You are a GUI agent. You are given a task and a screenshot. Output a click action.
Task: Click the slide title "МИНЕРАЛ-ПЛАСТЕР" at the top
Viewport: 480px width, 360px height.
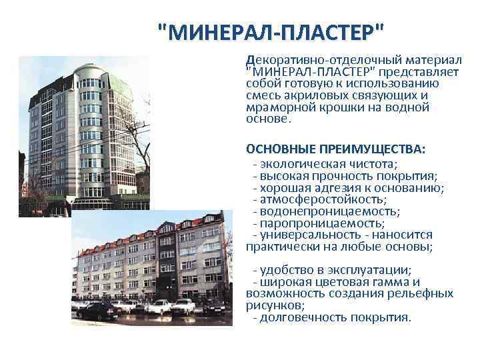271,31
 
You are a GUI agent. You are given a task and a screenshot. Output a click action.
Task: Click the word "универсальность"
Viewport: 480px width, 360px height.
309,235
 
